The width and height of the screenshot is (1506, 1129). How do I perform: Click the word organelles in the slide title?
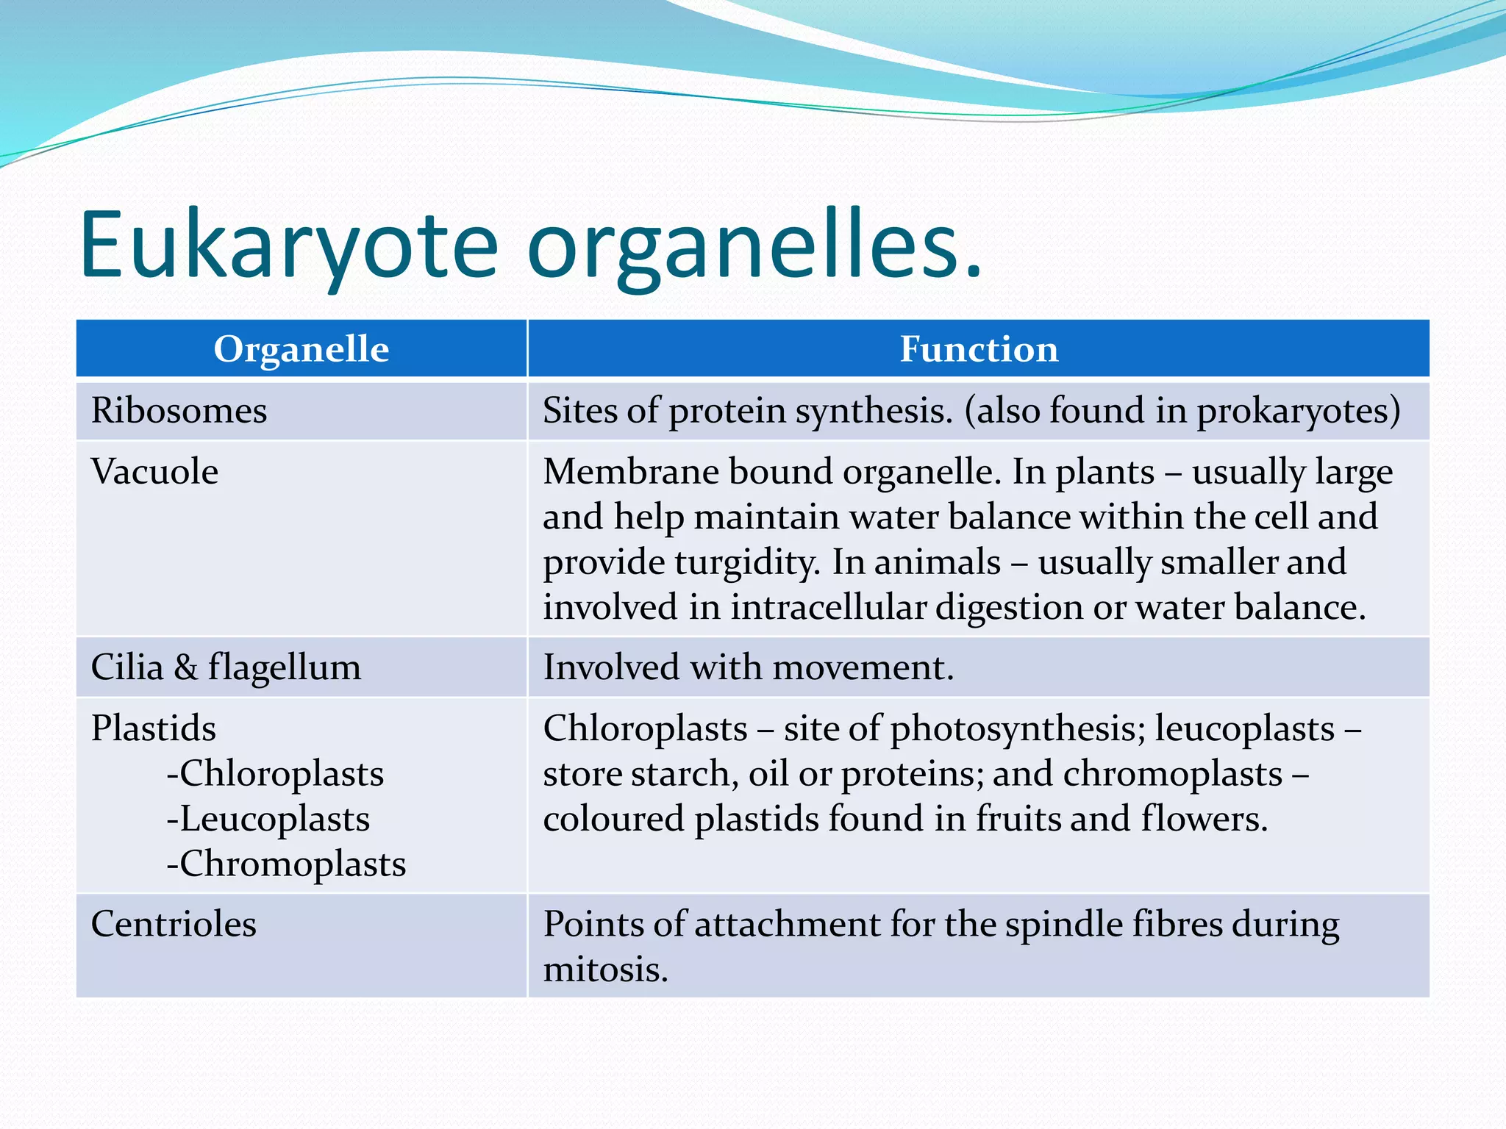click(x=754, y=246)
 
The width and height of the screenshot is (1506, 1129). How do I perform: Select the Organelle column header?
click(x=301, y=349)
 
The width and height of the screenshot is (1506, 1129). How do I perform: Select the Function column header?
click(x=979, y=349)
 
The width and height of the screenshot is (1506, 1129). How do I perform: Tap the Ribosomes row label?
click(x=179, y=410)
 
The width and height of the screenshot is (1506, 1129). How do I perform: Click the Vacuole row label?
click(x=154, y=471)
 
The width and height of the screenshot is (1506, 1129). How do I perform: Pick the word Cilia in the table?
click(x=126, y=667)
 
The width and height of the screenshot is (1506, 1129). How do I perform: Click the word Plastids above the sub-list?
click(x=153, y=728)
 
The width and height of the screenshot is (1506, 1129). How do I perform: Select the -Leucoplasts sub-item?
click(x=268, y=820)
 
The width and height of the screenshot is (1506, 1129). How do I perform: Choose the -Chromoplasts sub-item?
click(x=286, y=864)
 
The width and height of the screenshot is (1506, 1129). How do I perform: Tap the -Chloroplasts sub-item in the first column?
click(x=275, y=774)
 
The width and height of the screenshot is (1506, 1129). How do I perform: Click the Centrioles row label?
click(x=174, y=924)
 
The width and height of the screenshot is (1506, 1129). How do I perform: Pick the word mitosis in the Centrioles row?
click(x=604, y=969)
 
